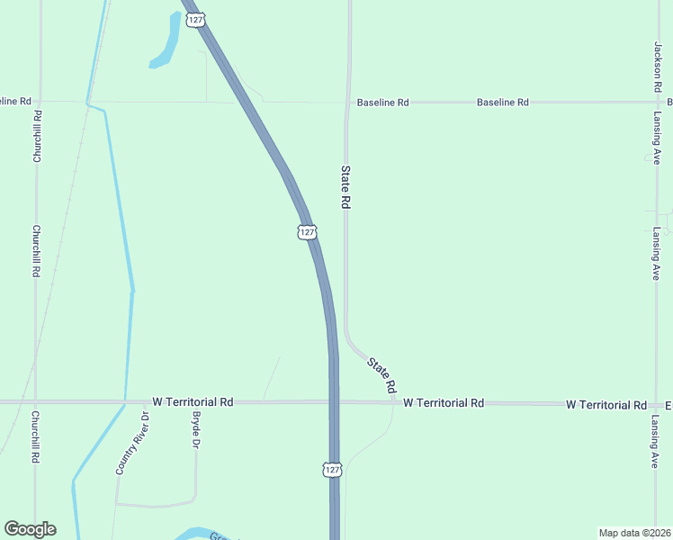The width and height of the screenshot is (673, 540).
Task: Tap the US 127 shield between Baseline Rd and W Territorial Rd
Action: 307,232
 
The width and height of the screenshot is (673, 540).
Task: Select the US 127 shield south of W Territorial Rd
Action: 332,470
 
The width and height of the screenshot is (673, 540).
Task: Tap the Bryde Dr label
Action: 195,431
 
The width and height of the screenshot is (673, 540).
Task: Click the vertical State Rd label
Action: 345,186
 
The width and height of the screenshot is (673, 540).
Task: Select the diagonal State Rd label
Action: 381,373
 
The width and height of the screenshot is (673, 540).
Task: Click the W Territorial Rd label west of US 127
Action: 193,401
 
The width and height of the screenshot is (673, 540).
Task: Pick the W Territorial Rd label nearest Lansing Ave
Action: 606,405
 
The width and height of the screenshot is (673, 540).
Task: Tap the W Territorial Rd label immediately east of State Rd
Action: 444,403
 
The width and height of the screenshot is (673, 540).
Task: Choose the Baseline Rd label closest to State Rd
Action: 382,103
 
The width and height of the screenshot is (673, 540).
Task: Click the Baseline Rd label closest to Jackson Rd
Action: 502,103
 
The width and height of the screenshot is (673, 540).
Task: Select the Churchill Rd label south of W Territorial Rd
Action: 36,437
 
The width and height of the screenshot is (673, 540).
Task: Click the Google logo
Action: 30,529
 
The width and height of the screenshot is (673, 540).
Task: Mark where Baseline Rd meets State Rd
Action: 348,102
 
